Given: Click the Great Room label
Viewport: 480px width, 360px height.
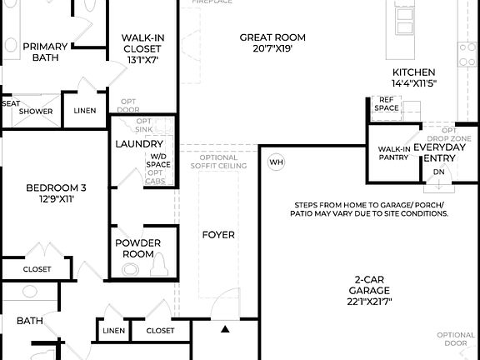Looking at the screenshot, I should tap(272, 37).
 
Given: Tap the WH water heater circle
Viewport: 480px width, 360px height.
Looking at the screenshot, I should tap(277, 162).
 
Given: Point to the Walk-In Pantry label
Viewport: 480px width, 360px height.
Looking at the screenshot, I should tap(393, 153).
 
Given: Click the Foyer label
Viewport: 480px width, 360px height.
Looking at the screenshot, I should tap(218, 234).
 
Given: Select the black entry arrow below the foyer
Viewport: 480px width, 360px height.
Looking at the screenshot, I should tap(225, 330).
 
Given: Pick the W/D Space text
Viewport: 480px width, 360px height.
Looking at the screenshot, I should tap(159, 160).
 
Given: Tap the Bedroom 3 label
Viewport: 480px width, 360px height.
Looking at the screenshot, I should tap(56, 187).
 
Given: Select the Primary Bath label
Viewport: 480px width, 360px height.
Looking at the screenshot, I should tap(45, 52).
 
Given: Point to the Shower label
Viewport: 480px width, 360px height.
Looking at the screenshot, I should tap(37, 111).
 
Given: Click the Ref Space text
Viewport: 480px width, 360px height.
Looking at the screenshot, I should tap(386, 103).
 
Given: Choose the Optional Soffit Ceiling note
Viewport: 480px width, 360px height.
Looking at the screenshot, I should tap(219, 162).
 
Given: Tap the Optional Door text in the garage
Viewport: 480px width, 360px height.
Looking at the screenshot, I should tap(456, 339).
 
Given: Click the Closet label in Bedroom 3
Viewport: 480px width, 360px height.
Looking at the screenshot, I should tap(37, 269).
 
